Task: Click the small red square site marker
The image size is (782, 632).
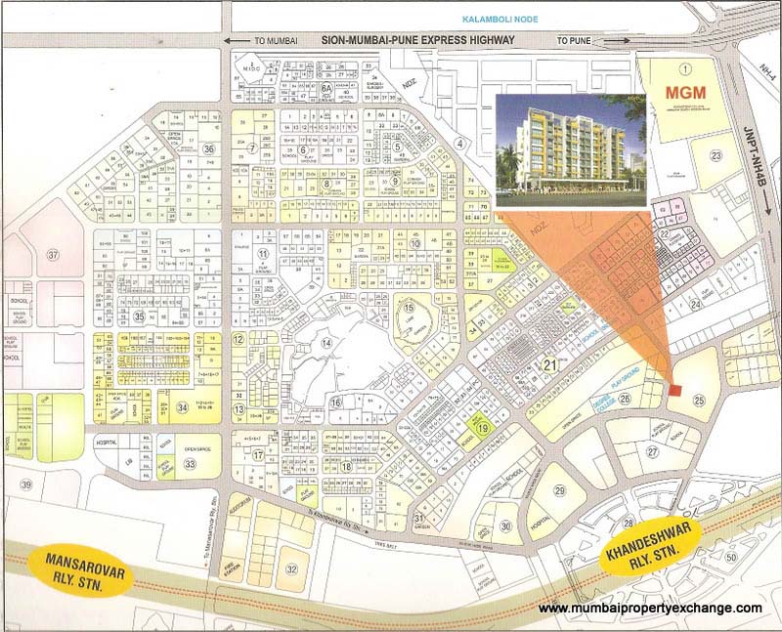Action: tap(675, 391)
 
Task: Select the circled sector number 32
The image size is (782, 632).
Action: tap(291, 569)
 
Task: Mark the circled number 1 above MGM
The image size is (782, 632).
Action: tap(685, 68)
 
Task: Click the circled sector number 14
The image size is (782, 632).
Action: tap(327, 344)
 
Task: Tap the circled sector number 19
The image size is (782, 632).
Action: tap(481, 427)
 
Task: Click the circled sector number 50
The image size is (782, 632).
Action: tap(731, 557)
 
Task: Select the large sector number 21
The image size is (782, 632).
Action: tap(550, 365)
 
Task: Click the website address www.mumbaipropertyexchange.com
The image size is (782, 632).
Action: tap(650, 609)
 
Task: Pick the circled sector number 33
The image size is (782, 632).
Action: tap(189, 463)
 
